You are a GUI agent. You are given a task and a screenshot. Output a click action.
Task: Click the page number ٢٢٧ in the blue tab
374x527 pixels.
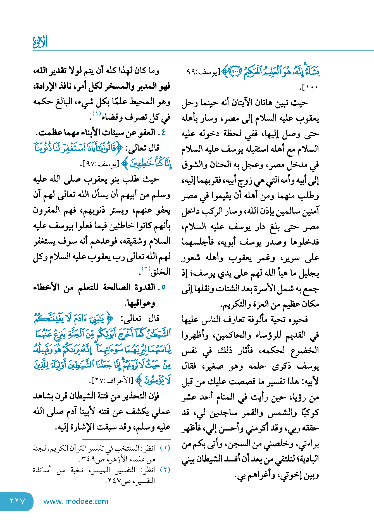[x=17, y=501]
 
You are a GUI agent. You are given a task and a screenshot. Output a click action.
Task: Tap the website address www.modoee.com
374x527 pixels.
[x=76, y=501]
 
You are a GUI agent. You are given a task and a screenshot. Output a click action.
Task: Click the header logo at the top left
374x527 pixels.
[x=40, y=42]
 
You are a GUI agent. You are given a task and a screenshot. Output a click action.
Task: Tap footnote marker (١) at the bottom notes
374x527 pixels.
[x=165, y=448]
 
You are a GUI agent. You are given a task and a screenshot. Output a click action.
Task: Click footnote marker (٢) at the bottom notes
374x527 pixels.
[x=165, y=470]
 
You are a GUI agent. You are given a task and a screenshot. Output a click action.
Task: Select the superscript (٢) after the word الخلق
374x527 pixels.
[x=146, y=269]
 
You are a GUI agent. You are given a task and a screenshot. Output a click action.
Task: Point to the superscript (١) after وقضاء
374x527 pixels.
[x=97, y=113]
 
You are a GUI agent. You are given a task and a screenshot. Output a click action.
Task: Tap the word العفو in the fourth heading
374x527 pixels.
[x=145, y=132]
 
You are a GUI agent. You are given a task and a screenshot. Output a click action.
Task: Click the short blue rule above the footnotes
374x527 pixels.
[x=126, y=440]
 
